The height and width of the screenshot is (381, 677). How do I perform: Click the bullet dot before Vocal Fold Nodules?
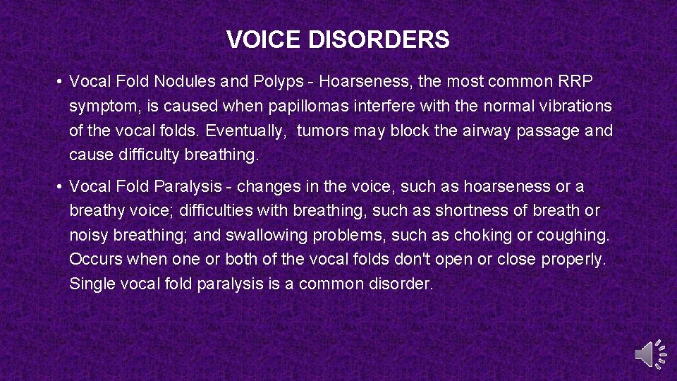tap(61, 83)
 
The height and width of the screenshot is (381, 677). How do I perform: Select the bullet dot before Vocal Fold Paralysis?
tap(61, 187)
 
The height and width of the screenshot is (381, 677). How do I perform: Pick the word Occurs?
tap(96, 260)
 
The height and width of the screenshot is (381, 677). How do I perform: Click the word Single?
tap(90, 284)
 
